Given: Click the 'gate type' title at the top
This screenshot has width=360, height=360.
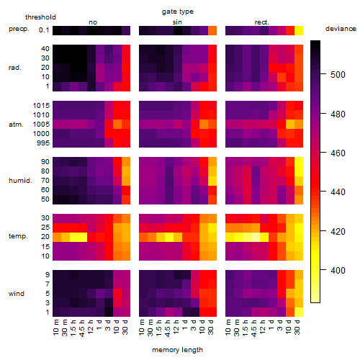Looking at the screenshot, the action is click(178, 12).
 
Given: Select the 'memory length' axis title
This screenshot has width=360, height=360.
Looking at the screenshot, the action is click(178, 350).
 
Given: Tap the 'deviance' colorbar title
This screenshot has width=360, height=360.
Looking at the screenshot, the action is click(341, 29).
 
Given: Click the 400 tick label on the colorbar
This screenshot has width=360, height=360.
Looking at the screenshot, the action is click(338, 271).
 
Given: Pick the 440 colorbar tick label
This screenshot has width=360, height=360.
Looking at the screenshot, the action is click(338, 192).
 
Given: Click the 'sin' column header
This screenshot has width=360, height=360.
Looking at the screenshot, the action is click(177, 22).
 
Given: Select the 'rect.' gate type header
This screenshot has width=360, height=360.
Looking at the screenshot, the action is click(262, 22).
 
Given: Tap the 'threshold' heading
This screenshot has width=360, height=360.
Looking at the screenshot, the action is click(40, 17).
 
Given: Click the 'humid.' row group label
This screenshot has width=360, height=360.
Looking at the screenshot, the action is click(20, 181).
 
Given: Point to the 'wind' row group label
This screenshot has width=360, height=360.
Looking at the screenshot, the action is click(17, 294).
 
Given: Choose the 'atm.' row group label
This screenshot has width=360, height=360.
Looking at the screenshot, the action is click(16, 125).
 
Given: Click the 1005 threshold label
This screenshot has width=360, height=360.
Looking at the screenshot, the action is click(41, 125).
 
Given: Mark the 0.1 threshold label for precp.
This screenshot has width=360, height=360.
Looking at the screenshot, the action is click(44, 30).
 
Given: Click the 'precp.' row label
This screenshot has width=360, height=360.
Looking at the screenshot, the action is click(19, 30).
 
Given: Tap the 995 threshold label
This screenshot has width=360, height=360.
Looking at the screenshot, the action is click(43, 143).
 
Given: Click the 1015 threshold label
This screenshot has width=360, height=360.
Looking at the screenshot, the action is click(41, 106).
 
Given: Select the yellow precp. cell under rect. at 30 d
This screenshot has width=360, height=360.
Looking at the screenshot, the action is click(299, 30).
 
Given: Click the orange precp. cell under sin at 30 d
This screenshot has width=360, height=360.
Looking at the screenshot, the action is click(212, 30).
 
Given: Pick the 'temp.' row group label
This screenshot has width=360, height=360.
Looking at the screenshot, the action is click(18, 236).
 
